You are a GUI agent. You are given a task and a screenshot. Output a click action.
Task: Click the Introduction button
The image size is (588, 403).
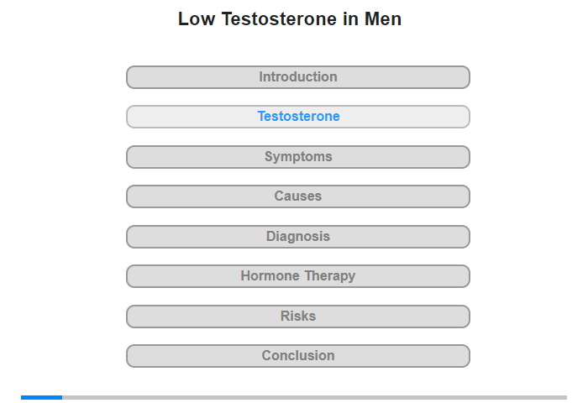pyautogui.click(x=298, y=77)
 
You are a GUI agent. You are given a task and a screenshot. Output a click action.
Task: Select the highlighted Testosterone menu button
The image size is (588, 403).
pyautogui.click(x=298, y=117)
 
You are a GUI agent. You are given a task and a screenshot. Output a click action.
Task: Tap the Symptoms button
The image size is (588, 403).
pyautogui.click(x=298, y=157)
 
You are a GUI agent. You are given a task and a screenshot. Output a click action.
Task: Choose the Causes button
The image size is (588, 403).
pyautogui.click(x=298, y=196)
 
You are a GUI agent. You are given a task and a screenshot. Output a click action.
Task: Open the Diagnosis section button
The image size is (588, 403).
pyautogui.click(x=298, y=237)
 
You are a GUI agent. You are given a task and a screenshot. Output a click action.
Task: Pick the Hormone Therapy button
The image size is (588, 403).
pyautogui.click(x=298, y=276)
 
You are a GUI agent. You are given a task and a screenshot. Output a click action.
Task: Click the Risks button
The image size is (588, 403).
pyautogui.click(x=298, y=317)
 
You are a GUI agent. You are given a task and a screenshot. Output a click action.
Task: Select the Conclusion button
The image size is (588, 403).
pyautogui.click(x=298, y=356)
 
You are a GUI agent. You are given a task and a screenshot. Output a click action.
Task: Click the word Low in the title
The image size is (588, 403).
pyautogui.click(x=197, y=18)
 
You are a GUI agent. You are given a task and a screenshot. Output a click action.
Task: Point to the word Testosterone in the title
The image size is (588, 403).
pyautogui.click(x=279, y=18)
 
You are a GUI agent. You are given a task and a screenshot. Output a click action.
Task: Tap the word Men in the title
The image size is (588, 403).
pyautogui.click(x=383, y=18)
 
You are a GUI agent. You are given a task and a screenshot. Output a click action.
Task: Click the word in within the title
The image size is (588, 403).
pyautogui.click(x=350, y=18)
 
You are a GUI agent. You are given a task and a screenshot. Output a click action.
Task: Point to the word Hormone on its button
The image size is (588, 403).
pyautogui.click(x=270, y=276)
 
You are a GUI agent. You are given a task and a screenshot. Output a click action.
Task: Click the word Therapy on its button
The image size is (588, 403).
pyautogui.click(x=330, y=277)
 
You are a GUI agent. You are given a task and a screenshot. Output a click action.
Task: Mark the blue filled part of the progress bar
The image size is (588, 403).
pyautogui.click(x=42, y=397)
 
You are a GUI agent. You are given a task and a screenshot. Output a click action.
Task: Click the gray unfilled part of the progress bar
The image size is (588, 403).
pyautogui.click(x=315, y=397)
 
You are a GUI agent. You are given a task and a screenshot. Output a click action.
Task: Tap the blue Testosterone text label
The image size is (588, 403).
pyautogui.click(x=298, y=116)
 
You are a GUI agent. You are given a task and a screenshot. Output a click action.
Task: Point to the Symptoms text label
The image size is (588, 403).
pyautogui.click(x=298, y=157)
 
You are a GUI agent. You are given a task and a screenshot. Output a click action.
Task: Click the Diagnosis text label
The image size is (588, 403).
pyautogui.click(x=298, y=237)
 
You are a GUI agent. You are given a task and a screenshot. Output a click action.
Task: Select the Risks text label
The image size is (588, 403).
pyautogui.click(x=298, y=316)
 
